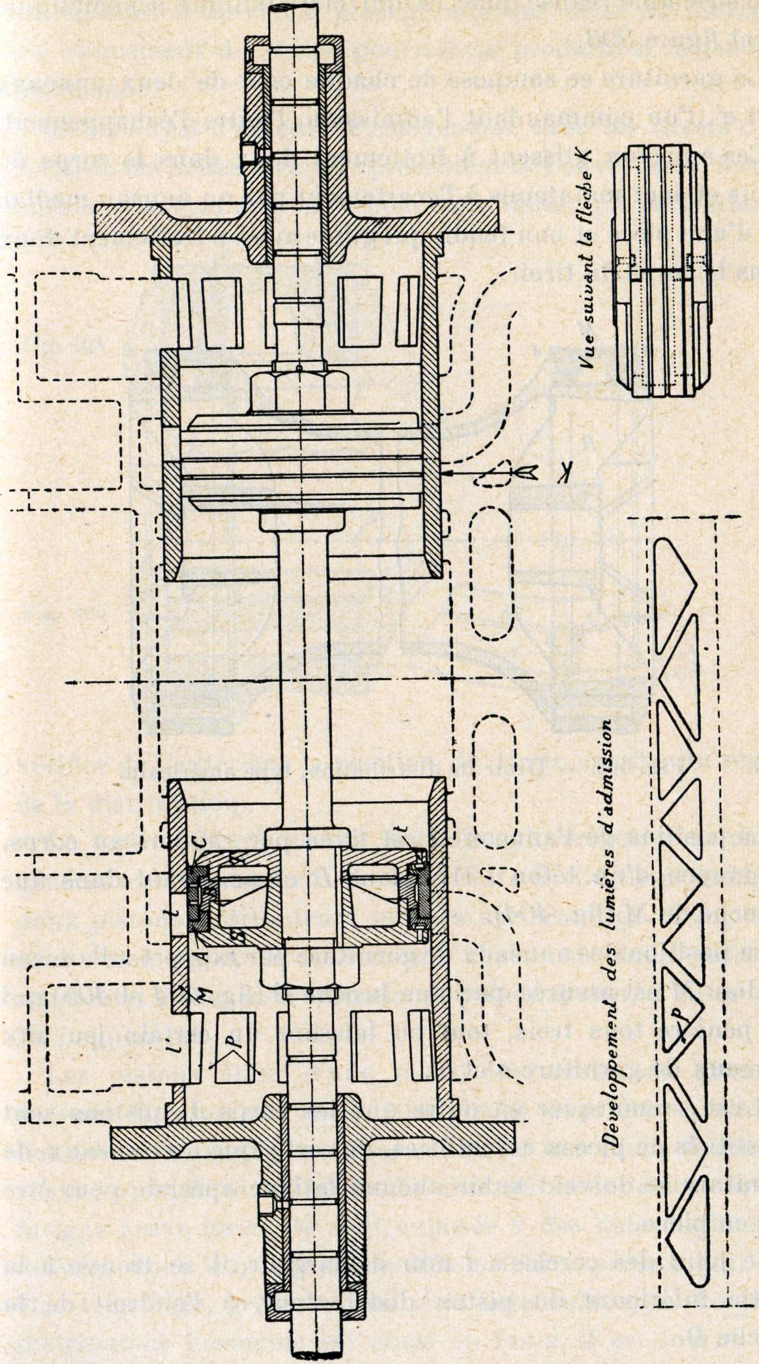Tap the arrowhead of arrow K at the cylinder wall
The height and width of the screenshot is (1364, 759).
point(444,466)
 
